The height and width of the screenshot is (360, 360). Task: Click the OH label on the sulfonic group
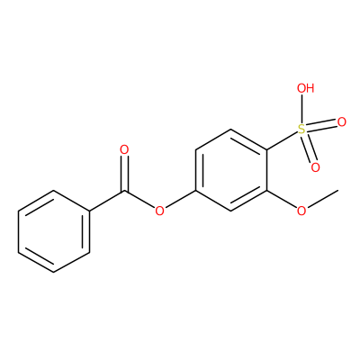[305, 88]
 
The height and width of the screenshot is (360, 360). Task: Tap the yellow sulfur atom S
[301, 130]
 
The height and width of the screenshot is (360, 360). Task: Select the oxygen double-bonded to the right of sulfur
[341, 122]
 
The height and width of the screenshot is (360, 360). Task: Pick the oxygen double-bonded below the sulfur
[315, 167]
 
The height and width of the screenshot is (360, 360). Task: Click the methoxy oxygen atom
[301, 211]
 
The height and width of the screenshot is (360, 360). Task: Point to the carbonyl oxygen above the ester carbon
[124, 149]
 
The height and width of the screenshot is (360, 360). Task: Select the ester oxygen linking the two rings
[159, 211]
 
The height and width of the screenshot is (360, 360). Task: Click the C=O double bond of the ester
[124, 174]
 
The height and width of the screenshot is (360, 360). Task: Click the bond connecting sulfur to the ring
[282, 140]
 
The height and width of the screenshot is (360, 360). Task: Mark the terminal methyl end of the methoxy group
[338, 190]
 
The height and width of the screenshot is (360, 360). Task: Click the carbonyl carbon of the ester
[124, 191]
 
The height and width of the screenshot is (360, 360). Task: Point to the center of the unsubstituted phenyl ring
[54, 231]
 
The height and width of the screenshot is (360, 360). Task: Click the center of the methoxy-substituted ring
[231, 170]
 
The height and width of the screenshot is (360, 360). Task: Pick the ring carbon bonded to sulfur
[266, 149]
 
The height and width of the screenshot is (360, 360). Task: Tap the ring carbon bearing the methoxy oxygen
[266, 191]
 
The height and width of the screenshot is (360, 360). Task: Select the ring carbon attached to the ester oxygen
[195, 191]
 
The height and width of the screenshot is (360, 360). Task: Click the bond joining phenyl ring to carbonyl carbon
[107, 201]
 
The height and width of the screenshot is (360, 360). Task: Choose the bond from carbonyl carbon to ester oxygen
[139, 200]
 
